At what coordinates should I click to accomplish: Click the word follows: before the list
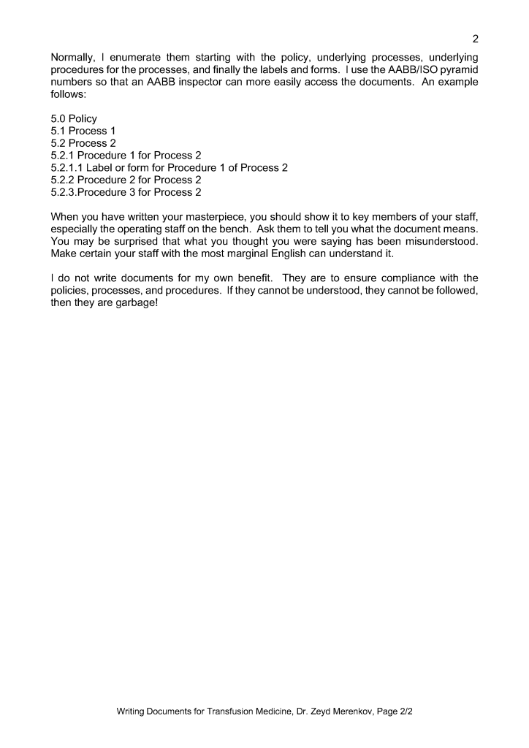click(69, 94)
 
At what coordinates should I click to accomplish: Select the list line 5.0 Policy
click(74, 118)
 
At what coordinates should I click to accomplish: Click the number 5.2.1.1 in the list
click(66, 168)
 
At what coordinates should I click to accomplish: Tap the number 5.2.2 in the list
click(63, 180)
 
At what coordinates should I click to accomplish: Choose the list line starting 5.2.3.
click(126, 192)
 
